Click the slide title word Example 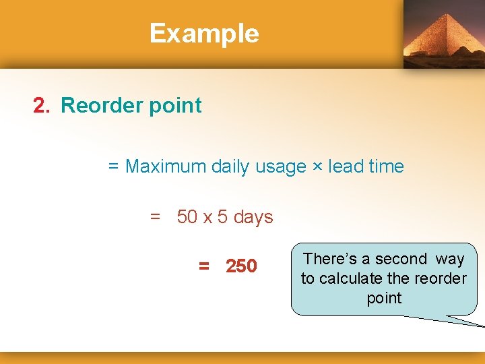pos(204,33)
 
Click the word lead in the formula pos(342,166)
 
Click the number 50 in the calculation pos(187,217)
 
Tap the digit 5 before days pos(222,217)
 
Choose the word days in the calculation pos(253,218)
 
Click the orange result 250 pos(241,267)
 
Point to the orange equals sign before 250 pos(204,267)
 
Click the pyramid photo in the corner pos(444,34)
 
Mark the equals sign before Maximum pos(113,166)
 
